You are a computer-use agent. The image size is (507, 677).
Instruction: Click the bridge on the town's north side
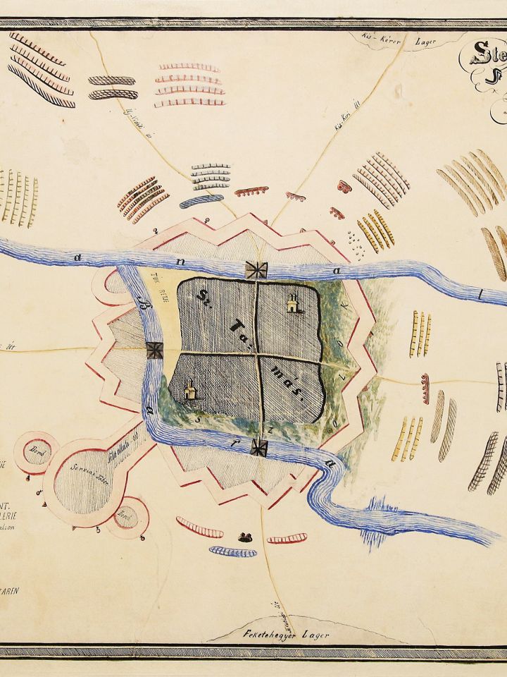(256, 269)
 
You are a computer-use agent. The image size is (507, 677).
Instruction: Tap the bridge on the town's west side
(154, 350)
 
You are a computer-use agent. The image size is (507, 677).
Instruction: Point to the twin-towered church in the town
(292, 302)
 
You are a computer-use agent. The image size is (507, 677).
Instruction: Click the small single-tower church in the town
(189, 391)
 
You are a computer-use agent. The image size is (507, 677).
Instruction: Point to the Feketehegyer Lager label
(272, 635)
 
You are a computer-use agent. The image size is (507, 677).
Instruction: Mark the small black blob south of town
(245, 537)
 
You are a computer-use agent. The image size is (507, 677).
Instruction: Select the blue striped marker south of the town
(232, 551)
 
